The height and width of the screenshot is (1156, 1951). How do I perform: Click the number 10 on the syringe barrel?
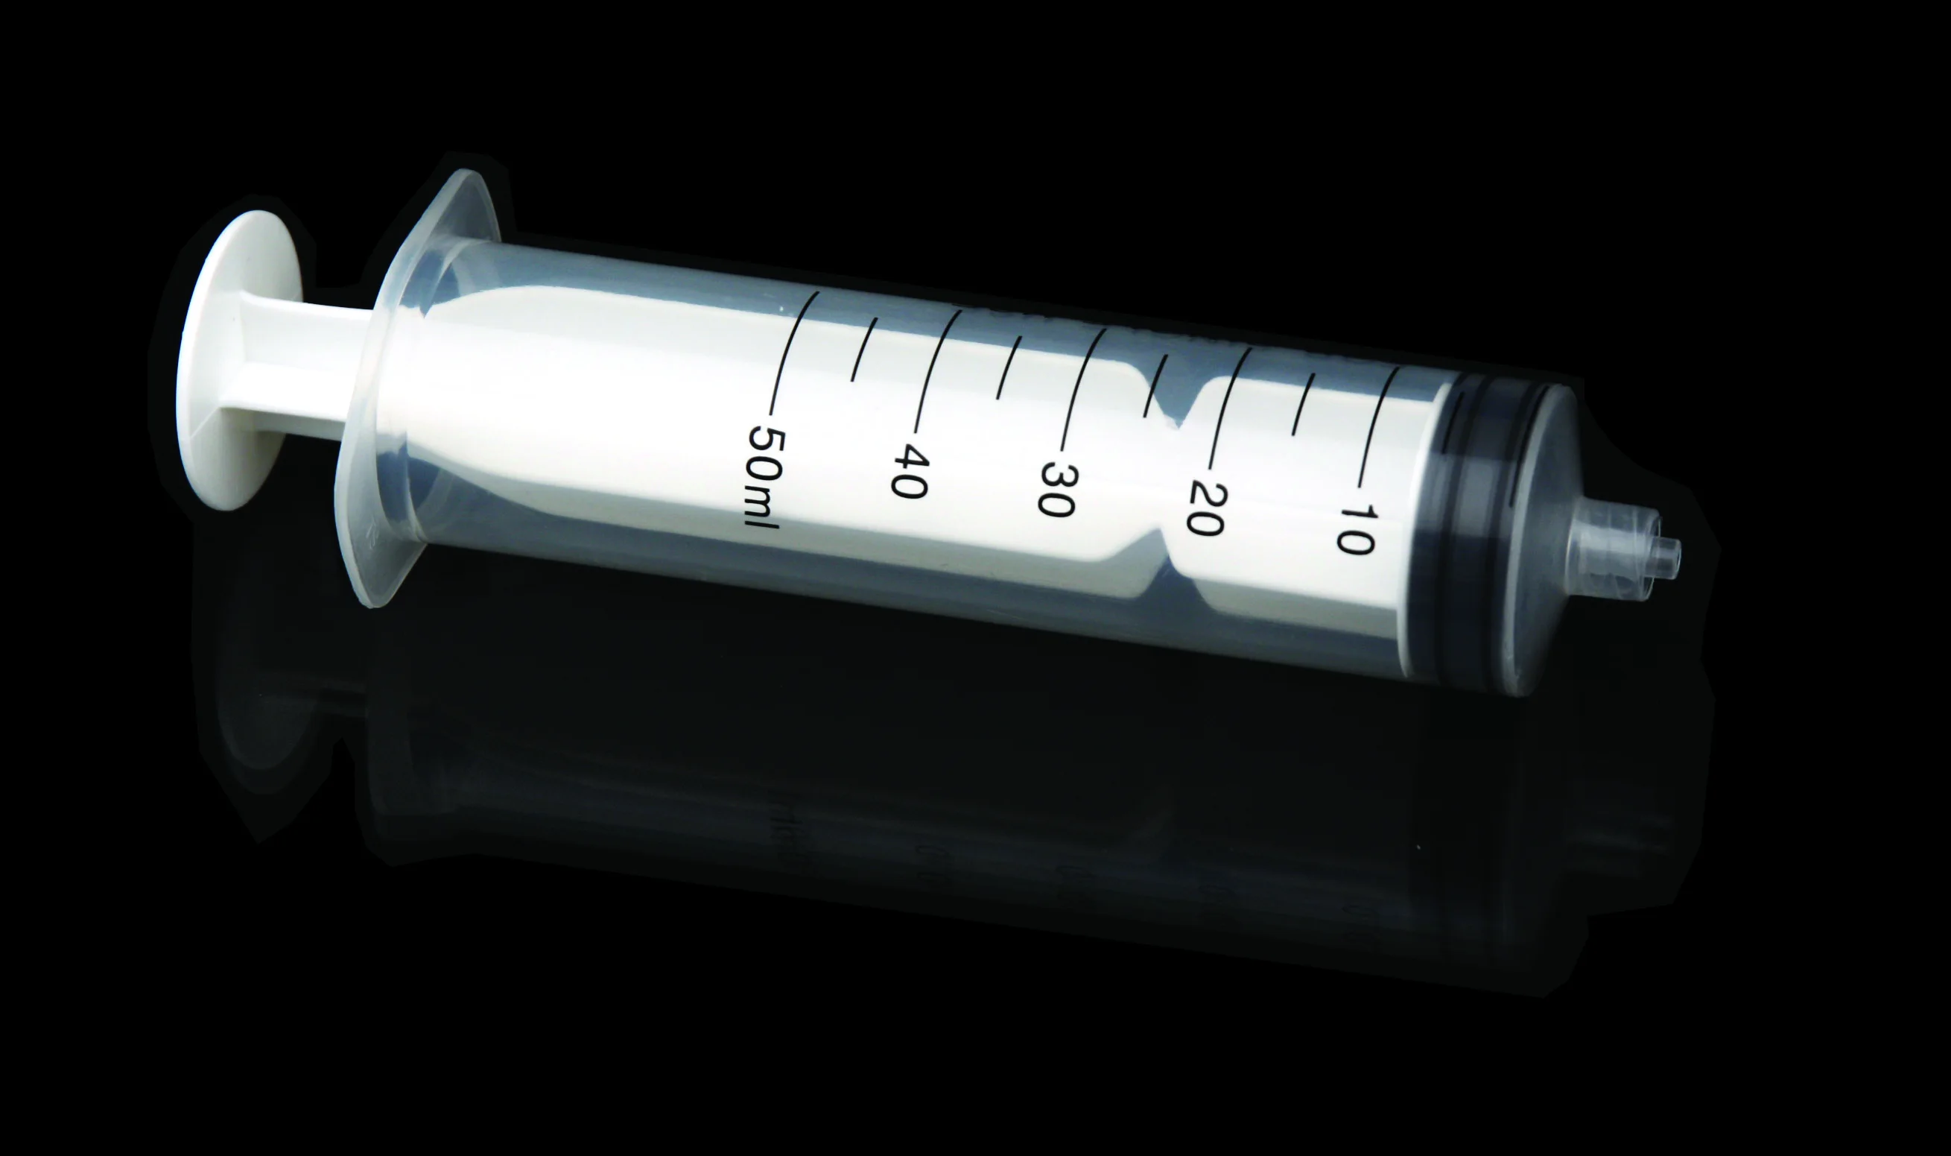1359,529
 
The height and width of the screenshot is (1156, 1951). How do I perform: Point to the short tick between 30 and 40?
1009,367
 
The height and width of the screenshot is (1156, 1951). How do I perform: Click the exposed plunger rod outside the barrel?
311,366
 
